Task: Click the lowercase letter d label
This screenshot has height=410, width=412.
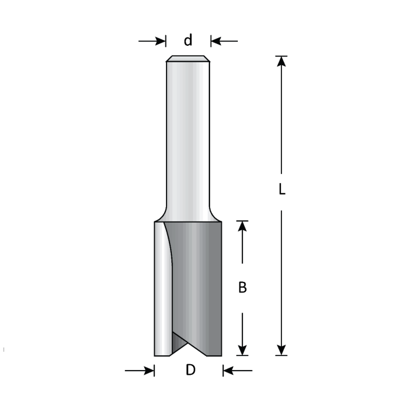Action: [188, 41]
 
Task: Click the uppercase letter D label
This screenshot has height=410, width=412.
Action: [190, 371]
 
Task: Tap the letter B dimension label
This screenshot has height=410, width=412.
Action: [242, 288]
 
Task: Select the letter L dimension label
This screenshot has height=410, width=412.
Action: [282, 189]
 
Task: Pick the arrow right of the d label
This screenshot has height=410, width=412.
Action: [224, 41]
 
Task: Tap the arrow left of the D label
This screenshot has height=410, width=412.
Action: [140, 371]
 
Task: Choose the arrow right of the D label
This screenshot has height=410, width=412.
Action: [237, 371]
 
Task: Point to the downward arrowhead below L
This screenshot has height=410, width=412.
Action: [282, 348]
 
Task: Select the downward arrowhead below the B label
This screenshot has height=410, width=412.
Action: [242, 348]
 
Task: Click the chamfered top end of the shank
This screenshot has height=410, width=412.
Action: [188, 59]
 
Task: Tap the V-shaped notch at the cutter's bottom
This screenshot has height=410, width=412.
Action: [188, 347]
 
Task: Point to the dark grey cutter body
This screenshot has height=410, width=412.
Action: [200, 282]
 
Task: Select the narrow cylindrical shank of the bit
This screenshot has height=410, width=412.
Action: [188, 135]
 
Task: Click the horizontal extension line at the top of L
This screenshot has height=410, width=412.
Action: [282, 56]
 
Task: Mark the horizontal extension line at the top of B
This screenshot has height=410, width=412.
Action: [242, 221]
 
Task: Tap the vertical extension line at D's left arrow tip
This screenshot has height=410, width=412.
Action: [154, 369]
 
